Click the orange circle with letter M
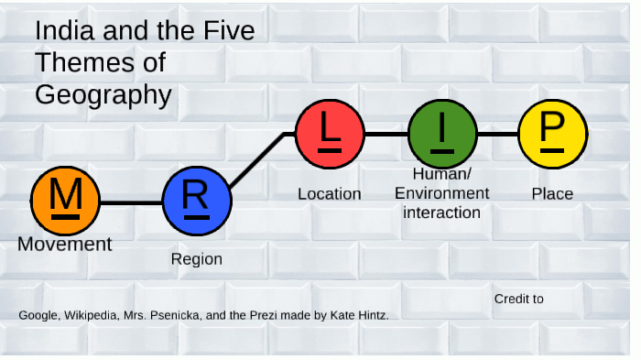[x=65, y=201]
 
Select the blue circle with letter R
[x=197, y=201]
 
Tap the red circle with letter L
[x=330, y=134]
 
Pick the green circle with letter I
[x=442, y=134]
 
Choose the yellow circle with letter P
[x=552, y=134]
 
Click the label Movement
[x=65, y=245]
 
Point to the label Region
[x=197, y=259]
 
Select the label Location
[x=330, y=194]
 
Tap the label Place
[x=552, y=194]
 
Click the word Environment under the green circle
[x=441, y=194]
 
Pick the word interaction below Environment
[x=442, y=213]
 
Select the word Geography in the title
[x=103, y=94]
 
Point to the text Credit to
[x=518, y=299]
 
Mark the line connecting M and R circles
[x=131, y=202]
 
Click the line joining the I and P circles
[x=497, y=134]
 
